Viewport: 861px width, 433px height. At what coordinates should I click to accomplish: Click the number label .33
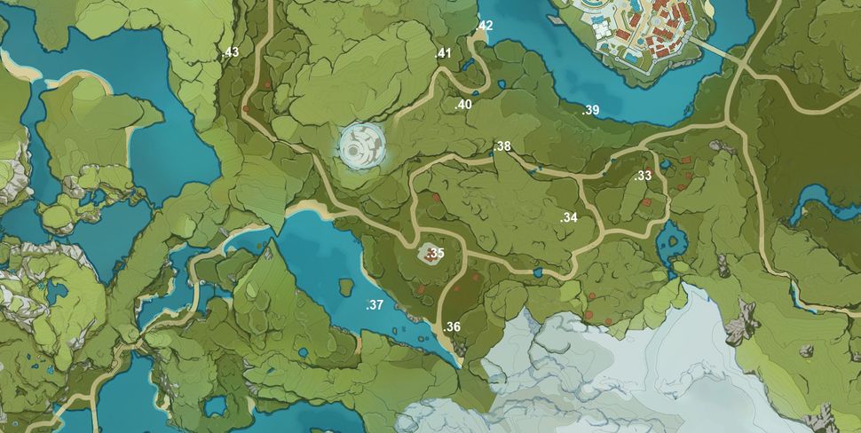[x=644, y=176]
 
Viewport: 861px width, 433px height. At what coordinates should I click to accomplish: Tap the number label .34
[x=569, y=217]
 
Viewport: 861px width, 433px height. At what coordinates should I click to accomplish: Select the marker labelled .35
[x=434, y=254]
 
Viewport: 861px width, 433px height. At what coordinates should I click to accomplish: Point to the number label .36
[x=452, y=327]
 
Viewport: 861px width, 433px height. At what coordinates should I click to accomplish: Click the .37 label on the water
[x=375, y=305]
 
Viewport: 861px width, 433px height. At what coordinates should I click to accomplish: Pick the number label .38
[x=502, y=146]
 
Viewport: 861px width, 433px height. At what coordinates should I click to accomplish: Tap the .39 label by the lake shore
[x=590, y=110]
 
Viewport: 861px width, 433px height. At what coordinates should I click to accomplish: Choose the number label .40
[x=462, y=105]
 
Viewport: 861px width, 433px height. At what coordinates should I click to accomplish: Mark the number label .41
[x=443, y=53]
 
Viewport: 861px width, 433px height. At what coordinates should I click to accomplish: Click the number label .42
[x=484, y=26]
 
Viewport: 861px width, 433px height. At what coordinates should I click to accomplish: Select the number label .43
[x=231, y=52]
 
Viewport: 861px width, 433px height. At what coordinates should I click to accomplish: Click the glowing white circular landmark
[x=362, y=145]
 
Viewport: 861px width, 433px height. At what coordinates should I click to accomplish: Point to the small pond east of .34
[x=671, y=237]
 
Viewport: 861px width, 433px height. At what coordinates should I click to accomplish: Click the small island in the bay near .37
[x=345, y=286]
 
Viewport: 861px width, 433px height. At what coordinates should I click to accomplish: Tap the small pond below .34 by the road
[x=538, y=272]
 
